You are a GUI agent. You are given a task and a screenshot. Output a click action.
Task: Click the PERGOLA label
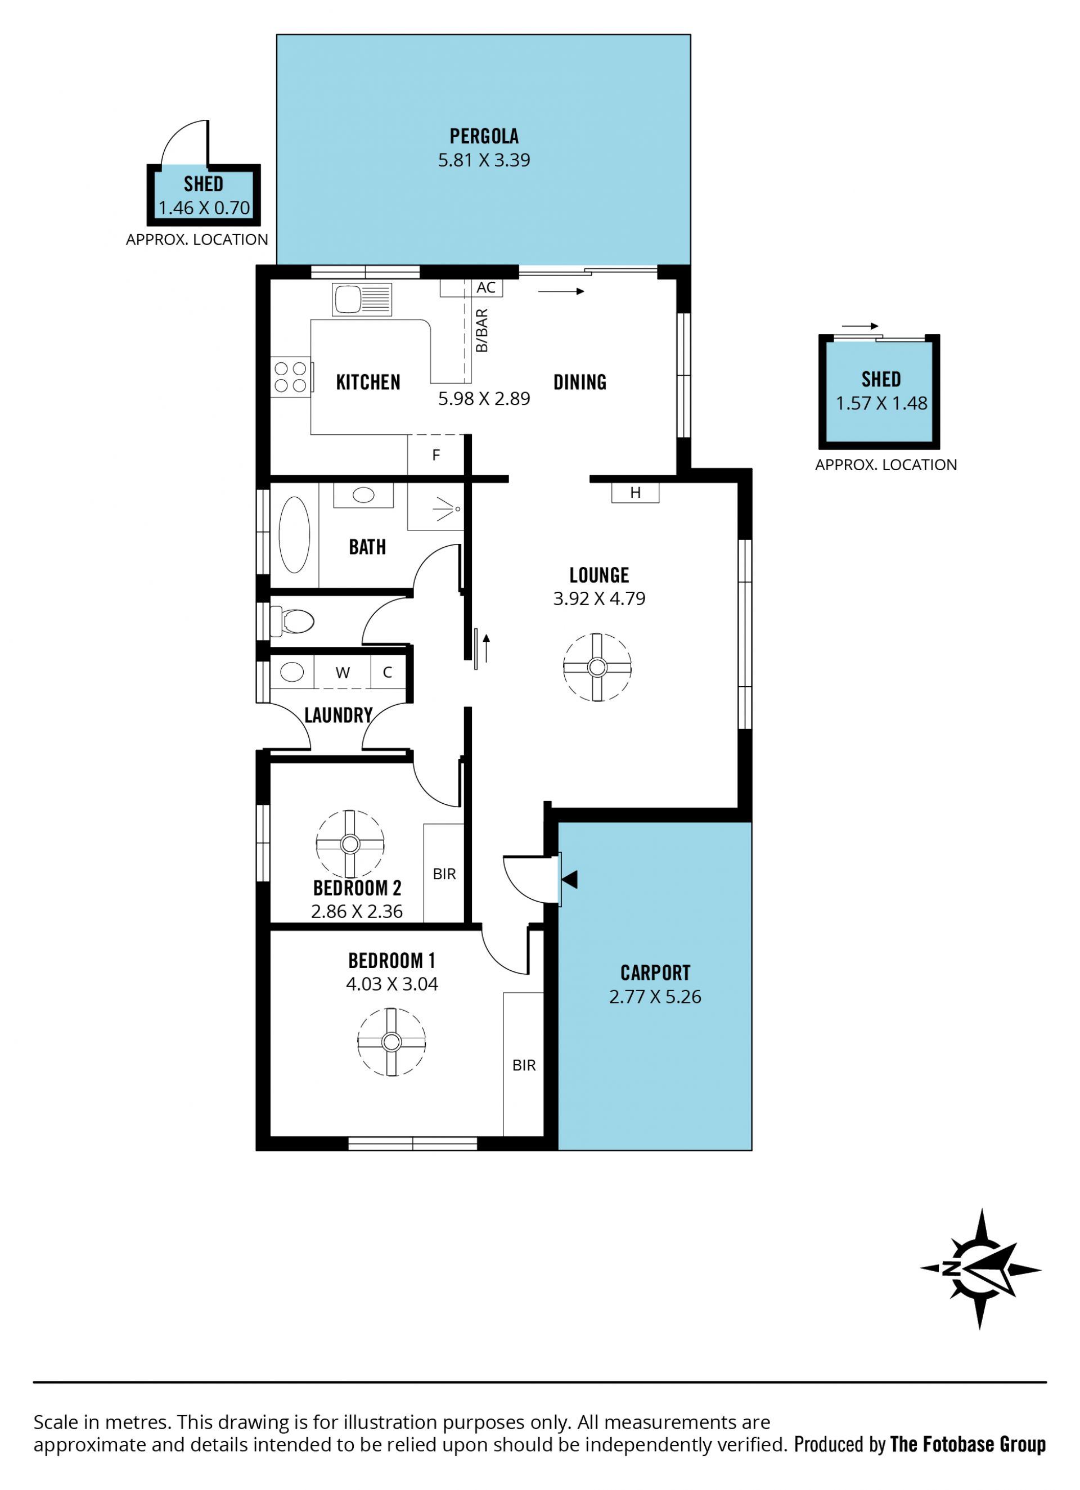(x=484, y=136)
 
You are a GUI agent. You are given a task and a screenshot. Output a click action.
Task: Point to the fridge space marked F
(x=436, y=454)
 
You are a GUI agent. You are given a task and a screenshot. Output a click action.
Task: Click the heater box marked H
(x=635, y=493)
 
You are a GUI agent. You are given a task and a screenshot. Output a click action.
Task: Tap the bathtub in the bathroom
(x=294, y=535)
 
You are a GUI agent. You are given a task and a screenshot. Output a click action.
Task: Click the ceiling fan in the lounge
(x=597, y=668)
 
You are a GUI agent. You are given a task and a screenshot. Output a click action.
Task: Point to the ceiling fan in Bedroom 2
(x=350, y=844)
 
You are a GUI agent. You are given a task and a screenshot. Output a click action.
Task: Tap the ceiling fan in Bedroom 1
(x=391, y=1042)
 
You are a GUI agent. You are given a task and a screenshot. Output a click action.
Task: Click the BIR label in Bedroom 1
(x=524, y=1065)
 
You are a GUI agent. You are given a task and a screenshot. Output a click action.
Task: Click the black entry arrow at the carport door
(x=570, y=880)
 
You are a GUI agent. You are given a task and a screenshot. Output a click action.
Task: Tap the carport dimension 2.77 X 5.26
(x=655, y=997)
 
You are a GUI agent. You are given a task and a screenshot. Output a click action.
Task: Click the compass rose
(x=981, y=1268)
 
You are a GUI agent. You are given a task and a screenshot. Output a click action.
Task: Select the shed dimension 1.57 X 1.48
(x=881, y=403)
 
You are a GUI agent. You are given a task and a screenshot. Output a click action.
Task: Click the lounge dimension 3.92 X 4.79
(x=599, y=598)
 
